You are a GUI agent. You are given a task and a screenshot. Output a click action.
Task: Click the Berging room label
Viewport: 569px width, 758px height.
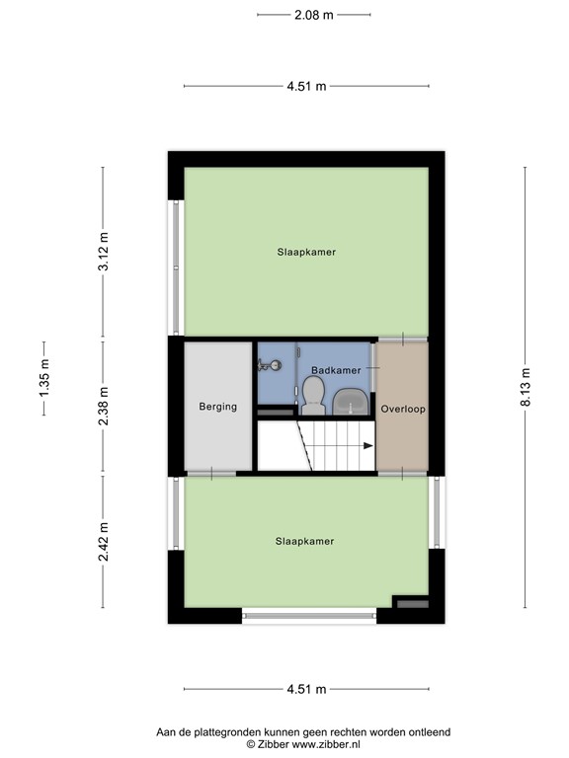217,407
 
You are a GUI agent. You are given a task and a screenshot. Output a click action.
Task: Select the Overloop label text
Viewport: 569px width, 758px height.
403,407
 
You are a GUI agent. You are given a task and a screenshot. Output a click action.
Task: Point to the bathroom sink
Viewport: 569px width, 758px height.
350,402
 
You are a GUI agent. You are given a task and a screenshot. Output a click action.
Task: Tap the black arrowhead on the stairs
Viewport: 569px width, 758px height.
367,446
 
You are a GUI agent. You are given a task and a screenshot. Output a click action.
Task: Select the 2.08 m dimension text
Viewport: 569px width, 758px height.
313,15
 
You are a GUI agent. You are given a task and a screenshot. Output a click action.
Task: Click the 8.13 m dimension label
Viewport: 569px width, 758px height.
526,387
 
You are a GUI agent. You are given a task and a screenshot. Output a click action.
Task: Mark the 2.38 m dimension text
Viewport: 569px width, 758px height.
104,408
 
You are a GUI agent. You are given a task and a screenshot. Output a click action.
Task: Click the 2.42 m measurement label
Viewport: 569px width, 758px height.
104,542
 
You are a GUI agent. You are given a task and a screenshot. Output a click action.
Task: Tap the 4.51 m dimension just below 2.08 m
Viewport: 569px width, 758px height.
306,87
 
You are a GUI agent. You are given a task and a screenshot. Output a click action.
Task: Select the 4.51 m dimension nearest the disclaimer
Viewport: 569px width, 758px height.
306,690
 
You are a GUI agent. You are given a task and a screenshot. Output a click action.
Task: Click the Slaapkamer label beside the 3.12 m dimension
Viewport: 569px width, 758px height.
306,252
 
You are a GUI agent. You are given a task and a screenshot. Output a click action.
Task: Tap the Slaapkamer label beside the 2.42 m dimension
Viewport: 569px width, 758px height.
304,541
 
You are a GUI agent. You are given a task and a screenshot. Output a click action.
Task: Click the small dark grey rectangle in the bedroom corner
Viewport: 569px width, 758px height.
412,602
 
